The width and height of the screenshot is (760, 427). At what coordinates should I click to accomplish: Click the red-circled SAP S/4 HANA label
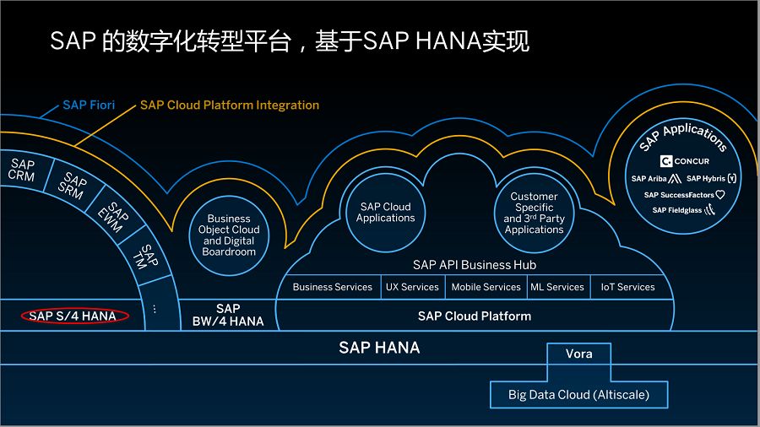73,316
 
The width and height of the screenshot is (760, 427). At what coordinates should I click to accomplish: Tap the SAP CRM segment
22,170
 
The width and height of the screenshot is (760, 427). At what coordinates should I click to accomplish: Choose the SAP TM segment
147,257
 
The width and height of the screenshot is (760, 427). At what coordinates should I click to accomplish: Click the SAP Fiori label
89,105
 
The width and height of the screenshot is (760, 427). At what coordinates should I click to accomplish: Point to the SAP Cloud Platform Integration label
230,105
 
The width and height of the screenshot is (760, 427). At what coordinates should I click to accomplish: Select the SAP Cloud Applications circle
385,213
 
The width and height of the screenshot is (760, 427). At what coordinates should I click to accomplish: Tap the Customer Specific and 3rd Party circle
534,213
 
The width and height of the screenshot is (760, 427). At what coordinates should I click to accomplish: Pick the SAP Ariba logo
656,179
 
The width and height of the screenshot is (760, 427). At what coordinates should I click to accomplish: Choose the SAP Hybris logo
711,179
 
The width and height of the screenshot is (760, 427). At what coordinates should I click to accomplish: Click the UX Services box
412,287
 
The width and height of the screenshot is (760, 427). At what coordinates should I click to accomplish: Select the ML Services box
557,287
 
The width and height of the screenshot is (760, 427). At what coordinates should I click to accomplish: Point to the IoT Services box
627,287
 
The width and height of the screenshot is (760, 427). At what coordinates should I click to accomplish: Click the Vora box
579,354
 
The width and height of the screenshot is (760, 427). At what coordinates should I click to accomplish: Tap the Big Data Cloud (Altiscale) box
578,394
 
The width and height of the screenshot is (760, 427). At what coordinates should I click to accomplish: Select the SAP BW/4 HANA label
228,315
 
